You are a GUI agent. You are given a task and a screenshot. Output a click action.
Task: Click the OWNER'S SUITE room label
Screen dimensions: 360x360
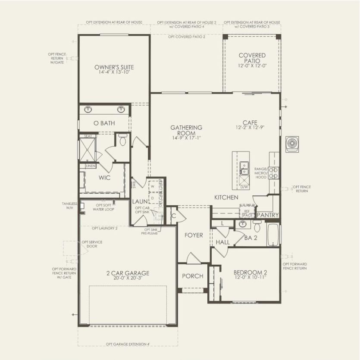pyautogui.click(x=114, y=67)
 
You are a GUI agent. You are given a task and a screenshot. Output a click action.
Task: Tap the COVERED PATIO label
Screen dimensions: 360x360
pyautogui.click(x=252, y=58)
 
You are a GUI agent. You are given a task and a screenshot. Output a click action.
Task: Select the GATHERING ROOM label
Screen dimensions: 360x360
pyautogui.click(x=186, y=130)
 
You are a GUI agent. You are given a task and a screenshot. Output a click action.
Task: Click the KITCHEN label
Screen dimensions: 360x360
pyautogui.click(x=226, y=197)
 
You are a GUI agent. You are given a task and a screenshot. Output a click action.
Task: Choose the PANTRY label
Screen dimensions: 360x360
pyautogui.click(x=268, y=215)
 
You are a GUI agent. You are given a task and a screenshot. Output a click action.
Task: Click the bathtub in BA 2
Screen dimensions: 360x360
pyautogui.click(x=273, y=235)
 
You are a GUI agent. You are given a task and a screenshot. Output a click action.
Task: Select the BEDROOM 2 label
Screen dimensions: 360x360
pyautogui.click(x=250, y=272)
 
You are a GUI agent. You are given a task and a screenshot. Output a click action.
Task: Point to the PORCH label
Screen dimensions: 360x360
pyautogui.click(x=192, y=276)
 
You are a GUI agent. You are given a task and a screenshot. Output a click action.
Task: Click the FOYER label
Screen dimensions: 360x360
pyautogui.click(x=194, y=235)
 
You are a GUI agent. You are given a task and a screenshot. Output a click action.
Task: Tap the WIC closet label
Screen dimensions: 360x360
pyautogui.click(x=105, y=178)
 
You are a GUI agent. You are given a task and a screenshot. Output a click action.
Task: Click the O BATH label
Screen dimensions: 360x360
pyautogui.click(x=104, y=123)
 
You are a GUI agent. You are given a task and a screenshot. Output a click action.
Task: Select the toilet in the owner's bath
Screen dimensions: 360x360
pyautogui.click(x=122, y=140)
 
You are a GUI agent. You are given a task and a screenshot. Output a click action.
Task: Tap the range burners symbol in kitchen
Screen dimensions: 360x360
pyautogui.click(x=273, y=173)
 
